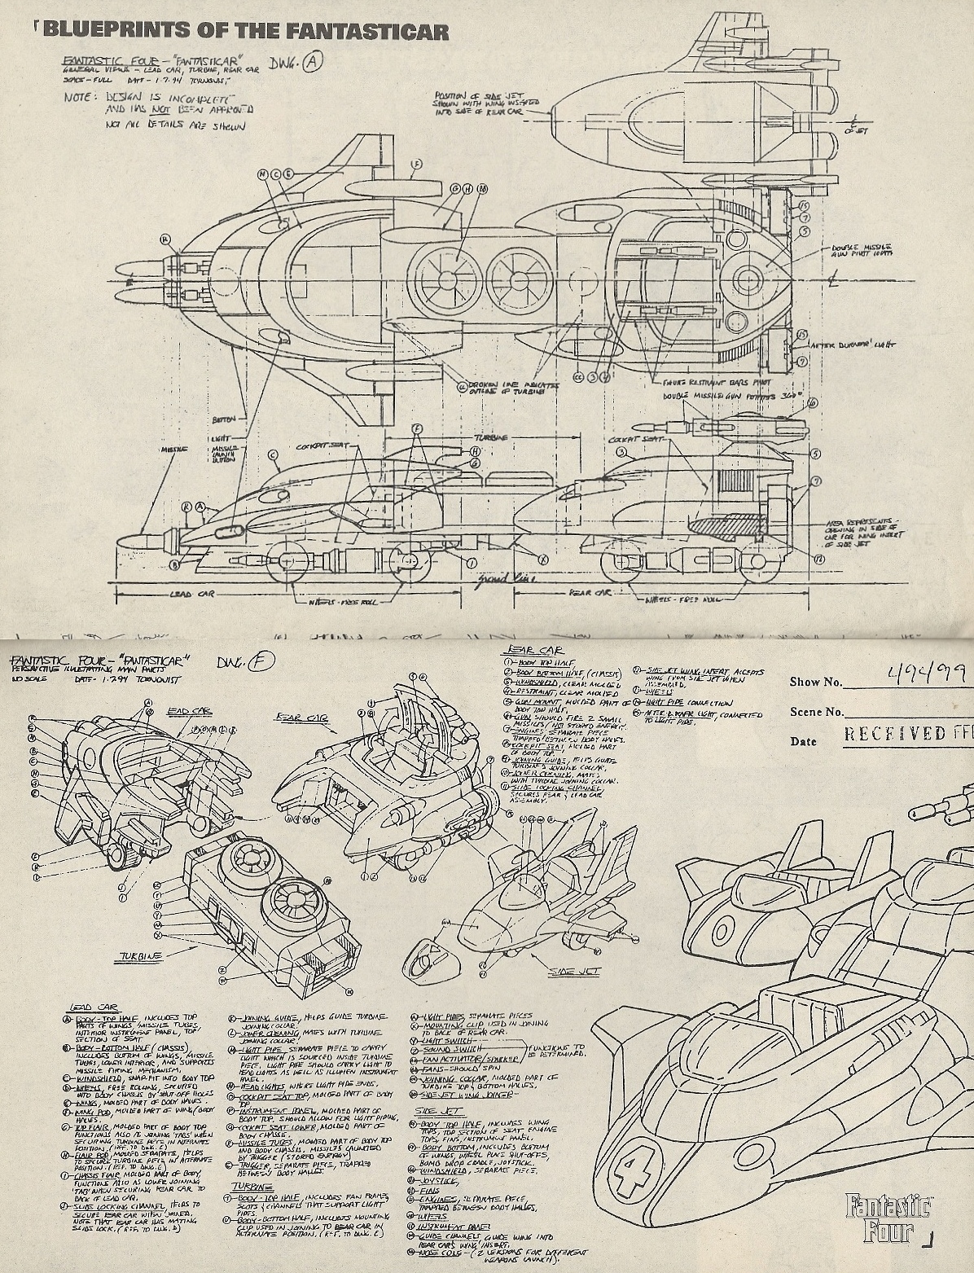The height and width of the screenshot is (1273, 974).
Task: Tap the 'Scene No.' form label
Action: pyautogui.click(x=816, y=712)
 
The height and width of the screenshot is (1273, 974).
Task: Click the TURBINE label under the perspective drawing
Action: pyautogui.click(x=140, y=955)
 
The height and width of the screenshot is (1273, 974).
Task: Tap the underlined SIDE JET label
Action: pyautogui.click(x=574, y=972)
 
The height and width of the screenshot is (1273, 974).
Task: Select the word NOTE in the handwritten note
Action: pyautogui.click(x=81, y=97)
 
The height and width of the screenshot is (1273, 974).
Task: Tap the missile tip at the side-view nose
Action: pyautogui.click(x=122, y=542)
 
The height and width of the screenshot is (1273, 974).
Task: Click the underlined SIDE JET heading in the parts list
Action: pyautogui.click(x=439, y=1110)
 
